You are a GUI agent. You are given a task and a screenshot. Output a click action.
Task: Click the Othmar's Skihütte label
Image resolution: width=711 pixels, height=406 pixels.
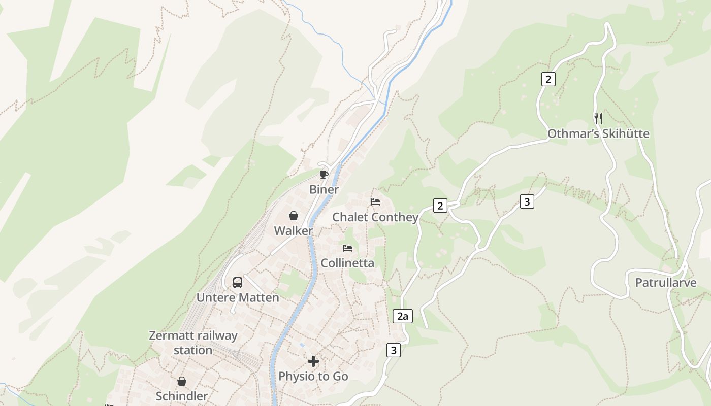coord(598,134)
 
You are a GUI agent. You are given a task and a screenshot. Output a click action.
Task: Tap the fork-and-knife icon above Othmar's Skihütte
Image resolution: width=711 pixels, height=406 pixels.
coord(598,119)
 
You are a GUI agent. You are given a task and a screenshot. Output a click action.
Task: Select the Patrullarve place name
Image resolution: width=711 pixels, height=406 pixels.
coord(666,283)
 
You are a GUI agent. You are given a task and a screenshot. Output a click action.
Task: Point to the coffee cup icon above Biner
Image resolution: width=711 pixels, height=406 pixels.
coord(324,175)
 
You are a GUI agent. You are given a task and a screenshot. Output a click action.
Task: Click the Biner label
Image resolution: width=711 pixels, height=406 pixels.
coord(324,190)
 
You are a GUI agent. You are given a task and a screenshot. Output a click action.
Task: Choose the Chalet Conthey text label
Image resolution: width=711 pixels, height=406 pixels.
coord(375,217)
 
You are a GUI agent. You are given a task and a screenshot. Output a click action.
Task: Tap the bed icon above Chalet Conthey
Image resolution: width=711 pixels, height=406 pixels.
coord(375,202)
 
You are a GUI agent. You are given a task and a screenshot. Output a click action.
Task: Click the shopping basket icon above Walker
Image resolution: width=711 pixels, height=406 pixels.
coord(294,216)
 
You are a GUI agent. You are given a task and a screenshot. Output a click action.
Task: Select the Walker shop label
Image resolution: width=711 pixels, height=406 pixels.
coord(294,231)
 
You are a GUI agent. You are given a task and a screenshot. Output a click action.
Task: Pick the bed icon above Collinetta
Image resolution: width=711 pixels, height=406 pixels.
coord(347,248)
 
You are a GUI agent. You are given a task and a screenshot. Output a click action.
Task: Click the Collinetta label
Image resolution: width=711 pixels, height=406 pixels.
coord(347,263)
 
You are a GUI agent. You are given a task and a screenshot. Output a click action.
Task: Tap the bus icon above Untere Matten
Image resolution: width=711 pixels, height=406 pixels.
coord(238,283)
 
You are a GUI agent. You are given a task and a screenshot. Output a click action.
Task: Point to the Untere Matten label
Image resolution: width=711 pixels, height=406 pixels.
coord(238,298)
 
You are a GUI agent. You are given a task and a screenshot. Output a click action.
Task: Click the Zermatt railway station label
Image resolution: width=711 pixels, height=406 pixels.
coord(193,343)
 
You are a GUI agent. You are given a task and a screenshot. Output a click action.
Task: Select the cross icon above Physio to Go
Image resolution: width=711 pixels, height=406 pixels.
coord(313,361)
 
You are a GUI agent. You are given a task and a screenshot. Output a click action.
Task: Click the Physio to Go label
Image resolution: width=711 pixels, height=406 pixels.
coord(313,377)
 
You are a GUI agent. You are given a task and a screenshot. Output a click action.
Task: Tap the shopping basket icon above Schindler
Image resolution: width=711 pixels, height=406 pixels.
coord(182,381)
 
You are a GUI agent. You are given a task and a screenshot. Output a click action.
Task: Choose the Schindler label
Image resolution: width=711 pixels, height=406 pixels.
coord(182,396)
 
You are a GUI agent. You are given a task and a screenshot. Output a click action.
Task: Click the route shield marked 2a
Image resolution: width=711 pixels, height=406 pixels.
coord(402,317)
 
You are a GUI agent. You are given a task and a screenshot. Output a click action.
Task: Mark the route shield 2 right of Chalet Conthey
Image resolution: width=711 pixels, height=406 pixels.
coord(440,206)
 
